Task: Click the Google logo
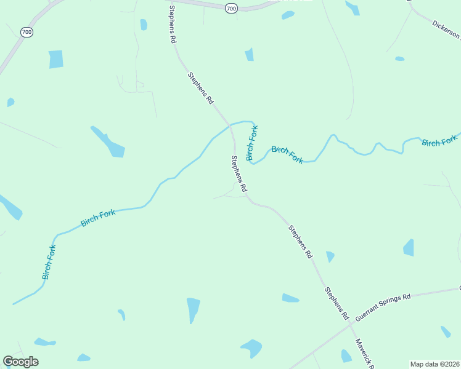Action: (20, 362)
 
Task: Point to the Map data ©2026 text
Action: (434, 364)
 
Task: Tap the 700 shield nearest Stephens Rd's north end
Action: (230, 8)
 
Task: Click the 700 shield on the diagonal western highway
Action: (27, 32)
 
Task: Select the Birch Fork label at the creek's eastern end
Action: (440, 140)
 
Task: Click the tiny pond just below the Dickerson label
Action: (399, 58)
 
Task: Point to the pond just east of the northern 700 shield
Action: (288, 15)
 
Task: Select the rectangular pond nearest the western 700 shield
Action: (56, 59)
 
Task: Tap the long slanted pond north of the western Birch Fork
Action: (109, 142)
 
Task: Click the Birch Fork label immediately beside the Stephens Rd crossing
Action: (252, 143)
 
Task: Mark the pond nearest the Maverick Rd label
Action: (346, 356)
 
